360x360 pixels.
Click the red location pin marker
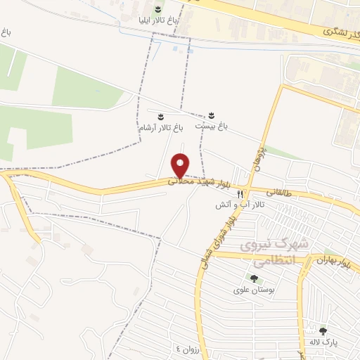[181, 165]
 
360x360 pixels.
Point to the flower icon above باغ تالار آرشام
[160, 115]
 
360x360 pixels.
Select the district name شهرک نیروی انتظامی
[274, 251]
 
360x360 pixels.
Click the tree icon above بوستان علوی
[253, 278]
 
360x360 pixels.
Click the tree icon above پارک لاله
[323, 330]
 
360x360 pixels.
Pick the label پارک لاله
[323, 342]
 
